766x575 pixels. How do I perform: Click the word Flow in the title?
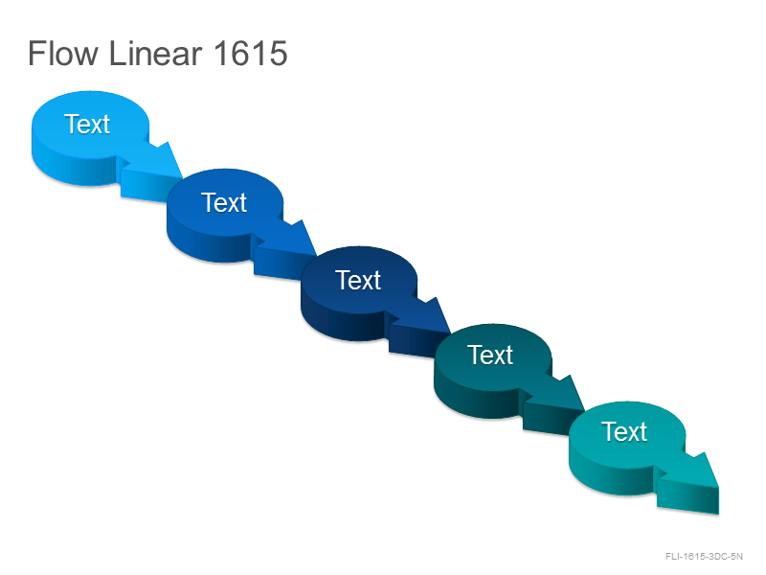[x=63, y=53]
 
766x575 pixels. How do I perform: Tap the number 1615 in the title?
[x=250, y=53]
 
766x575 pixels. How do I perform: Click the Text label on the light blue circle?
[x=87, y=124]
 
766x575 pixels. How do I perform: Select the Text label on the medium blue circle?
[x=224, y=202]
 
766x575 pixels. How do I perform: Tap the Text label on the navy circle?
[x=358, y=280]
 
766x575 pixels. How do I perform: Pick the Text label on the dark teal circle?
[x=490, y=355]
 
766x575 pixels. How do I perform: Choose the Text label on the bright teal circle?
[x=624, y=432]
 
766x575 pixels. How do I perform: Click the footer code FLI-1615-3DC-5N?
[x=704, y=557]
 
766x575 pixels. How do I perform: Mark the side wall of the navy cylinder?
[x=342, y=323]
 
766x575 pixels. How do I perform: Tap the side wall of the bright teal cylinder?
[x=611, y=477]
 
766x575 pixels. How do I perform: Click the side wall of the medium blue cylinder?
[x=208, y=244]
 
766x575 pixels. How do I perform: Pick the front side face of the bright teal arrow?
[x=687, y=496]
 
